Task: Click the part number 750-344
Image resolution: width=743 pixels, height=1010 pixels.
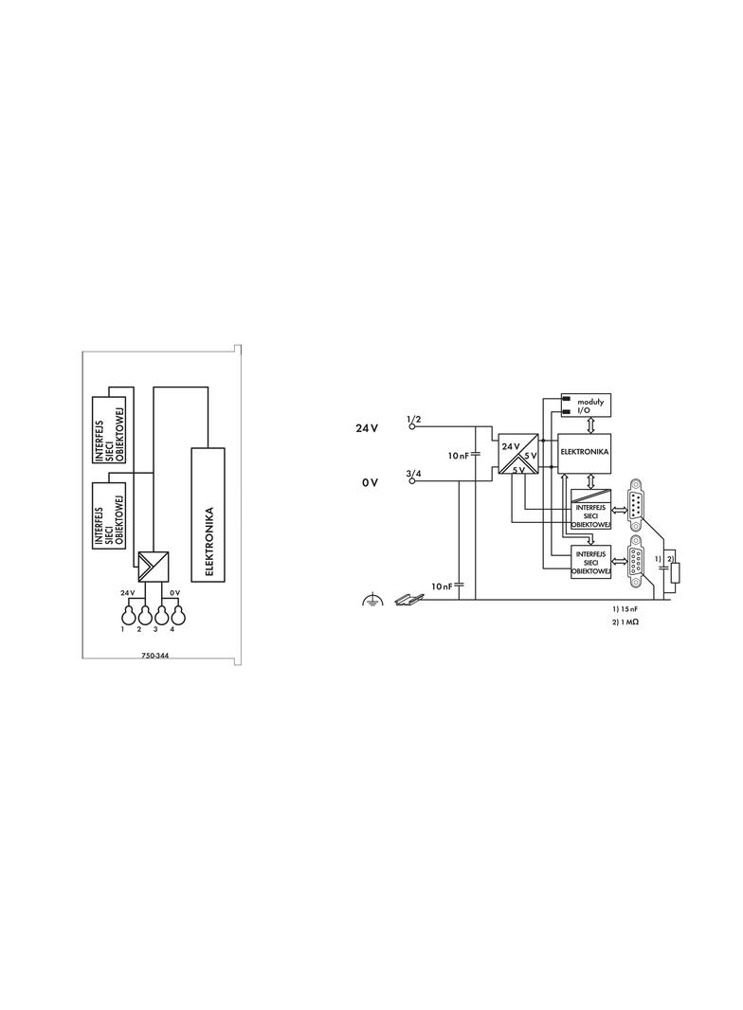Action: [x=154, y=657]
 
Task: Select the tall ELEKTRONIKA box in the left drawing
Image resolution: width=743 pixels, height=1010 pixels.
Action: [x=208, y=514]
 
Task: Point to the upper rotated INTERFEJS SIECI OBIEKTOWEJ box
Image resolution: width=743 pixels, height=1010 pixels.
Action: [x=109, y=429]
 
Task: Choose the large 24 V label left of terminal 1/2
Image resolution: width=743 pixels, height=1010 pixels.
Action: [x=367, y=428]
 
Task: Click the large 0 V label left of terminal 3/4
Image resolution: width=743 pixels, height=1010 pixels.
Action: [x=370, y=482]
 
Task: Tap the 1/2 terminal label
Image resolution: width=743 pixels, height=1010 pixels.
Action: [x=414, y=420]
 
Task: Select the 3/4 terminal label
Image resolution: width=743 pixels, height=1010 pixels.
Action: [x=414, y=474]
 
